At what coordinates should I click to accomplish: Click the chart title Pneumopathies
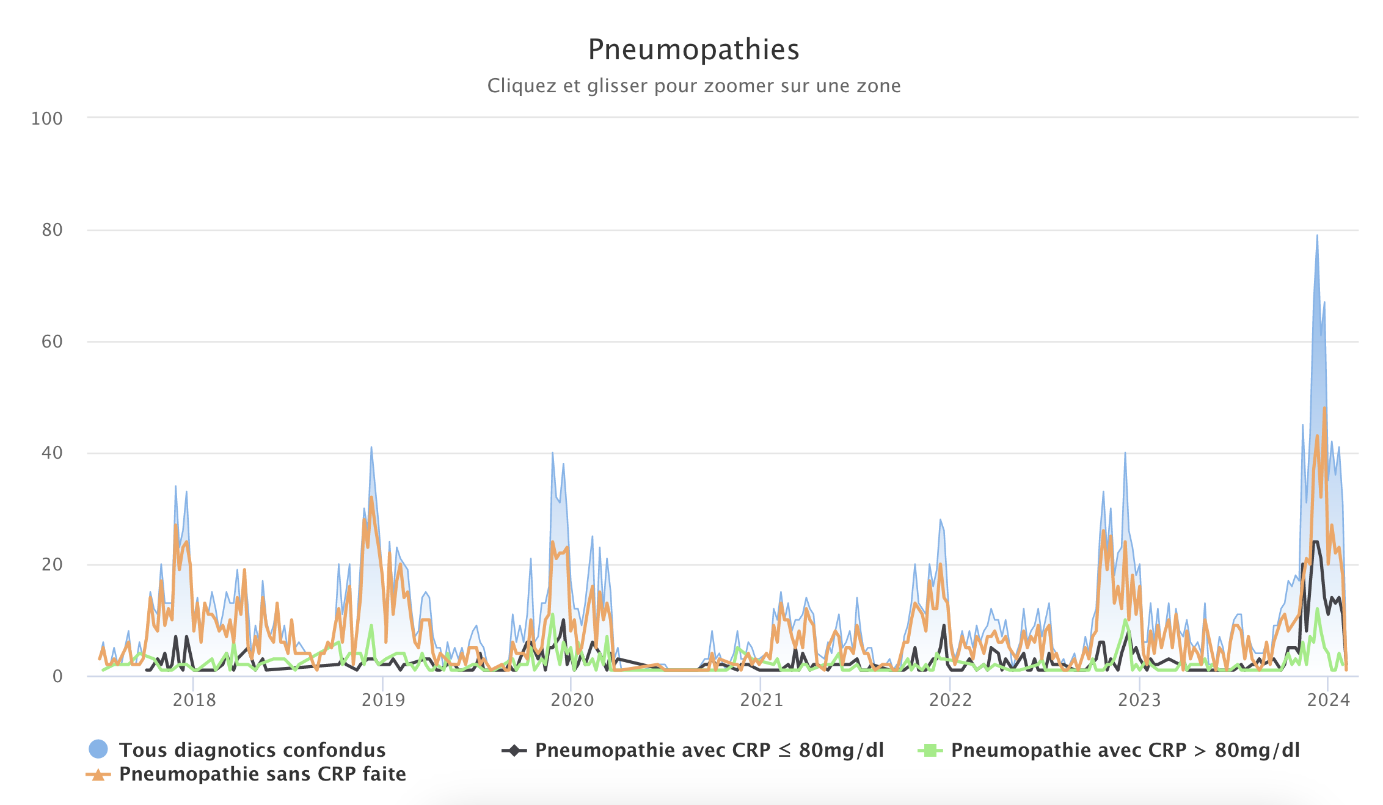pos(693,49)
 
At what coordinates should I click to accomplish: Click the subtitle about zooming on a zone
pos(693,86)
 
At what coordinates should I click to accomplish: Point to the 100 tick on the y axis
pos(47,118)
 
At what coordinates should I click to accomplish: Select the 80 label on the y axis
pos(52,230)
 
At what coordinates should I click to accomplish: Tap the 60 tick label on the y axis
pos(52,342)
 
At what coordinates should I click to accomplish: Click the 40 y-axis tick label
pos(52,453)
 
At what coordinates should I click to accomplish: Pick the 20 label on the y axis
pos(52,565)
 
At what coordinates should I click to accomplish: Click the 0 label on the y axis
pos(57,677)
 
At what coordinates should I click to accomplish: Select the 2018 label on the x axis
pos(194,700)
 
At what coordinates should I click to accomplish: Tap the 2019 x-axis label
pos(383,700)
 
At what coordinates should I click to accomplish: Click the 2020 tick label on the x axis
pos(572,700)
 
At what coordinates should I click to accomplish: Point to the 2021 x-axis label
pos(761,700)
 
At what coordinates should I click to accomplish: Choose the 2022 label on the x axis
pos(951,700)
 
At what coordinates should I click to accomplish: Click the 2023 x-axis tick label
pos(1139,700)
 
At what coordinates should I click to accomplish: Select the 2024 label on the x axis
pos(1328,700)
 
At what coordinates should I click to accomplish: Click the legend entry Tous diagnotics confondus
pos(252,750)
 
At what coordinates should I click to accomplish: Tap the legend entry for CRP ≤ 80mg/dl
pos(709,750)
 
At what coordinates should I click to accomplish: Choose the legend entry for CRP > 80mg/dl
pos(1125,750)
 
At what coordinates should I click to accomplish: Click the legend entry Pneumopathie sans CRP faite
pos(262,774)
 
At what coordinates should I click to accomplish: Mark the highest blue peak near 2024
pos(1317,236)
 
